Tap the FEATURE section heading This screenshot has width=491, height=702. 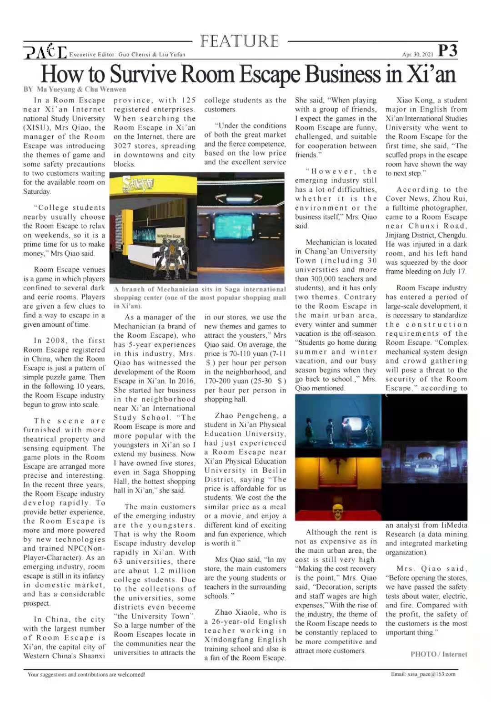(240, 41)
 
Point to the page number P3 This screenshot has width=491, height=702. (447, 51)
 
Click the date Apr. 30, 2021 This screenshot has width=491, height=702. (417, 55)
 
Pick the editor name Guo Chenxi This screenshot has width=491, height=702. (134, 55)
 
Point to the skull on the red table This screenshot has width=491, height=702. (337, 510)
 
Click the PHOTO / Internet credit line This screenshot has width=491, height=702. (439, 654)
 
